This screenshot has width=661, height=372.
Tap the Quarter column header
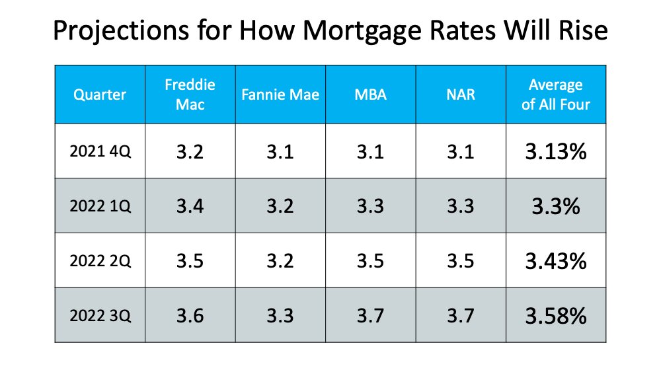[100, 94]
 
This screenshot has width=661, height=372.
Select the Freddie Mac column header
[190, 94]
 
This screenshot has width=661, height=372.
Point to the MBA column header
[369, 94]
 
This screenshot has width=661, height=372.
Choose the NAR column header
[460, 94]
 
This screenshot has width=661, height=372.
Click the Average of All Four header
[555, 94]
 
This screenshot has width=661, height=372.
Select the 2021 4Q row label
[100, 152]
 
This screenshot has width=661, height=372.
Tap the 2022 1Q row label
[100, 206]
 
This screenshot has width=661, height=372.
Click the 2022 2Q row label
[100, 260]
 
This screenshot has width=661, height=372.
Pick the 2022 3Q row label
[100, 315]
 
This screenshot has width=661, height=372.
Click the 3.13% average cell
[555, 152]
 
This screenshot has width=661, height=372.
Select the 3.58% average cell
[555, 315]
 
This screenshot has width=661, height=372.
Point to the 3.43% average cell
[555, 260]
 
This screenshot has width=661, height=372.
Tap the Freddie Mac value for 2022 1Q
[190, 206]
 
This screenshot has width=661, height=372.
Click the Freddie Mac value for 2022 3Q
[190, 315]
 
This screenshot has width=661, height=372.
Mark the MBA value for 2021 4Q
[369, 152]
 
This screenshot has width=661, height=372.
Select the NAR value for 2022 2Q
[460, 260]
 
